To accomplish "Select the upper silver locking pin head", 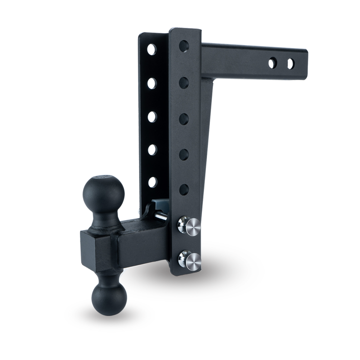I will coord(189,226).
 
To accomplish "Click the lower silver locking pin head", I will coord(189,259).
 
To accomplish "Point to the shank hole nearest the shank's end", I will coord(290,64).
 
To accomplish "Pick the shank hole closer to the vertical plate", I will coord(272,63).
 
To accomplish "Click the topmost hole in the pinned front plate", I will coord(184,47).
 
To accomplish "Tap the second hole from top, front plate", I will coord(184,83).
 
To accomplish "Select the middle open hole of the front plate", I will coord(184,119).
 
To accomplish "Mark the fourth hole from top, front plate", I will coord(184,154).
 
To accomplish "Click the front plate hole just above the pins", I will coord(184,189).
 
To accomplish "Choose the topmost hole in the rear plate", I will coord(151,49).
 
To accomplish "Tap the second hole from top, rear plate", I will coord(151,83).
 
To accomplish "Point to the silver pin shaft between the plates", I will coord(162,215).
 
